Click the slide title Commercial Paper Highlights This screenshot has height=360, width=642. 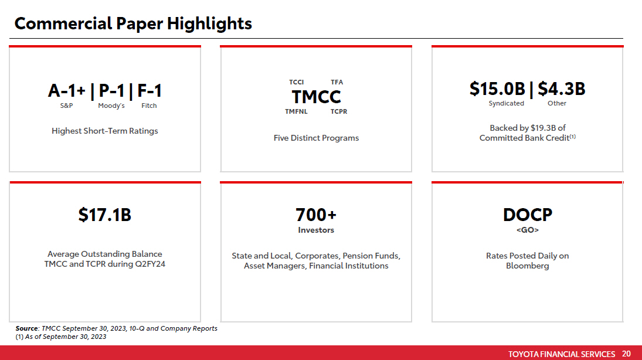click(133, 23)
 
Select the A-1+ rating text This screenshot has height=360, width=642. click(67, 91)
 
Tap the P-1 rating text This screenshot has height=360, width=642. click(111, 91)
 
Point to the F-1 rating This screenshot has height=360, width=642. click(150, 91)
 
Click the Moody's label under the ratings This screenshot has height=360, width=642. click(111, 106)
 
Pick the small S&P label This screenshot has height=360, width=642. click(66, 106)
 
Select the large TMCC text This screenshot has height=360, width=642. click(316, 96)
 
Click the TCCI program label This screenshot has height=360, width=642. click(296, 82)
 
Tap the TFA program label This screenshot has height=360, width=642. click(337, 82)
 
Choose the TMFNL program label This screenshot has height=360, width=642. click(296, 111)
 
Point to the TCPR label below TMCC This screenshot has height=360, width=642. click(338, 111)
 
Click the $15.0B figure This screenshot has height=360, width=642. click(497, 89)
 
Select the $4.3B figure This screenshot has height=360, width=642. click(561, 89)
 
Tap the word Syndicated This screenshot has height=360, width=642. click(506, 103)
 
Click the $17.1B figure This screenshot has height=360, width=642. click(105, 215)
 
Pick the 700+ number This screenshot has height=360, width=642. click(316, 215)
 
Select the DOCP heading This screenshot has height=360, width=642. click(527, 215)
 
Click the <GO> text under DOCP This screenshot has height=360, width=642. click(527, 230)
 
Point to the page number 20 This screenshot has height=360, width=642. click(626, 354)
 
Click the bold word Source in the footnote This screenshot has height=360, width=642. click(26, 328)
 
